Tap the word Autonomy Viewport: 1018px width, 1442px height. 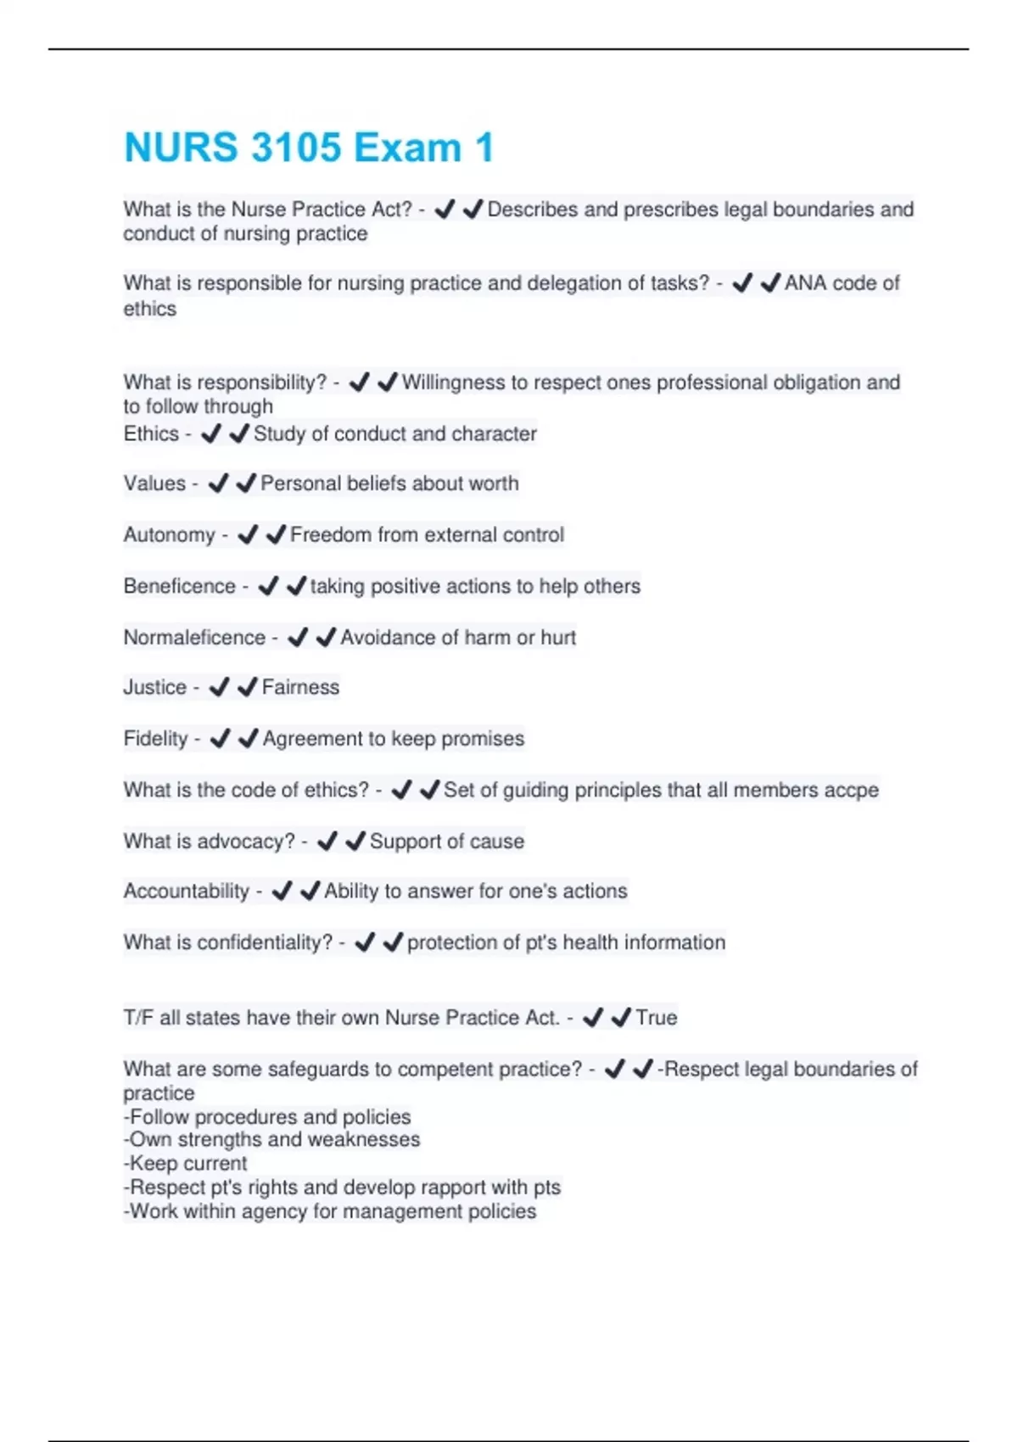[x=170, y=535]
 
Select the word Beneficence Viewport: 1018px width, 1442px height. [x=180, y=586]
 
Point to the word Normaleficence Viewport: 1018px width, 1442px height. [x=194, y=637]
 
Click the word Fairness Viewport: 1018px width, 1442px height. [x=300, y=687]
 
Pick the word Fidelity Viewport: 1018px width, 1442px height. [x=155, y=739]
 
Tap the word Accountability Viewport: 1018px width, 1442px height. [x=187, y=891]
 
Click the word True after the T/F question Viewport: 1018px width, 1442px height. [x=657, y=1018]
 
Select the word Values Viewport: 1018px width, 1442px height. [x=154, y=483]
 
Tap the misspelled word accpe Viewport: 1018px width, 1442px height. [x=852, y=791]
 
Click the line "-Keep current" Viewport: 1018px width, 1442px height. [x=186, y=1164]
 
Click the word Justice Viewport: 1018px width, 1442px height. [x=154, y=687]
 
